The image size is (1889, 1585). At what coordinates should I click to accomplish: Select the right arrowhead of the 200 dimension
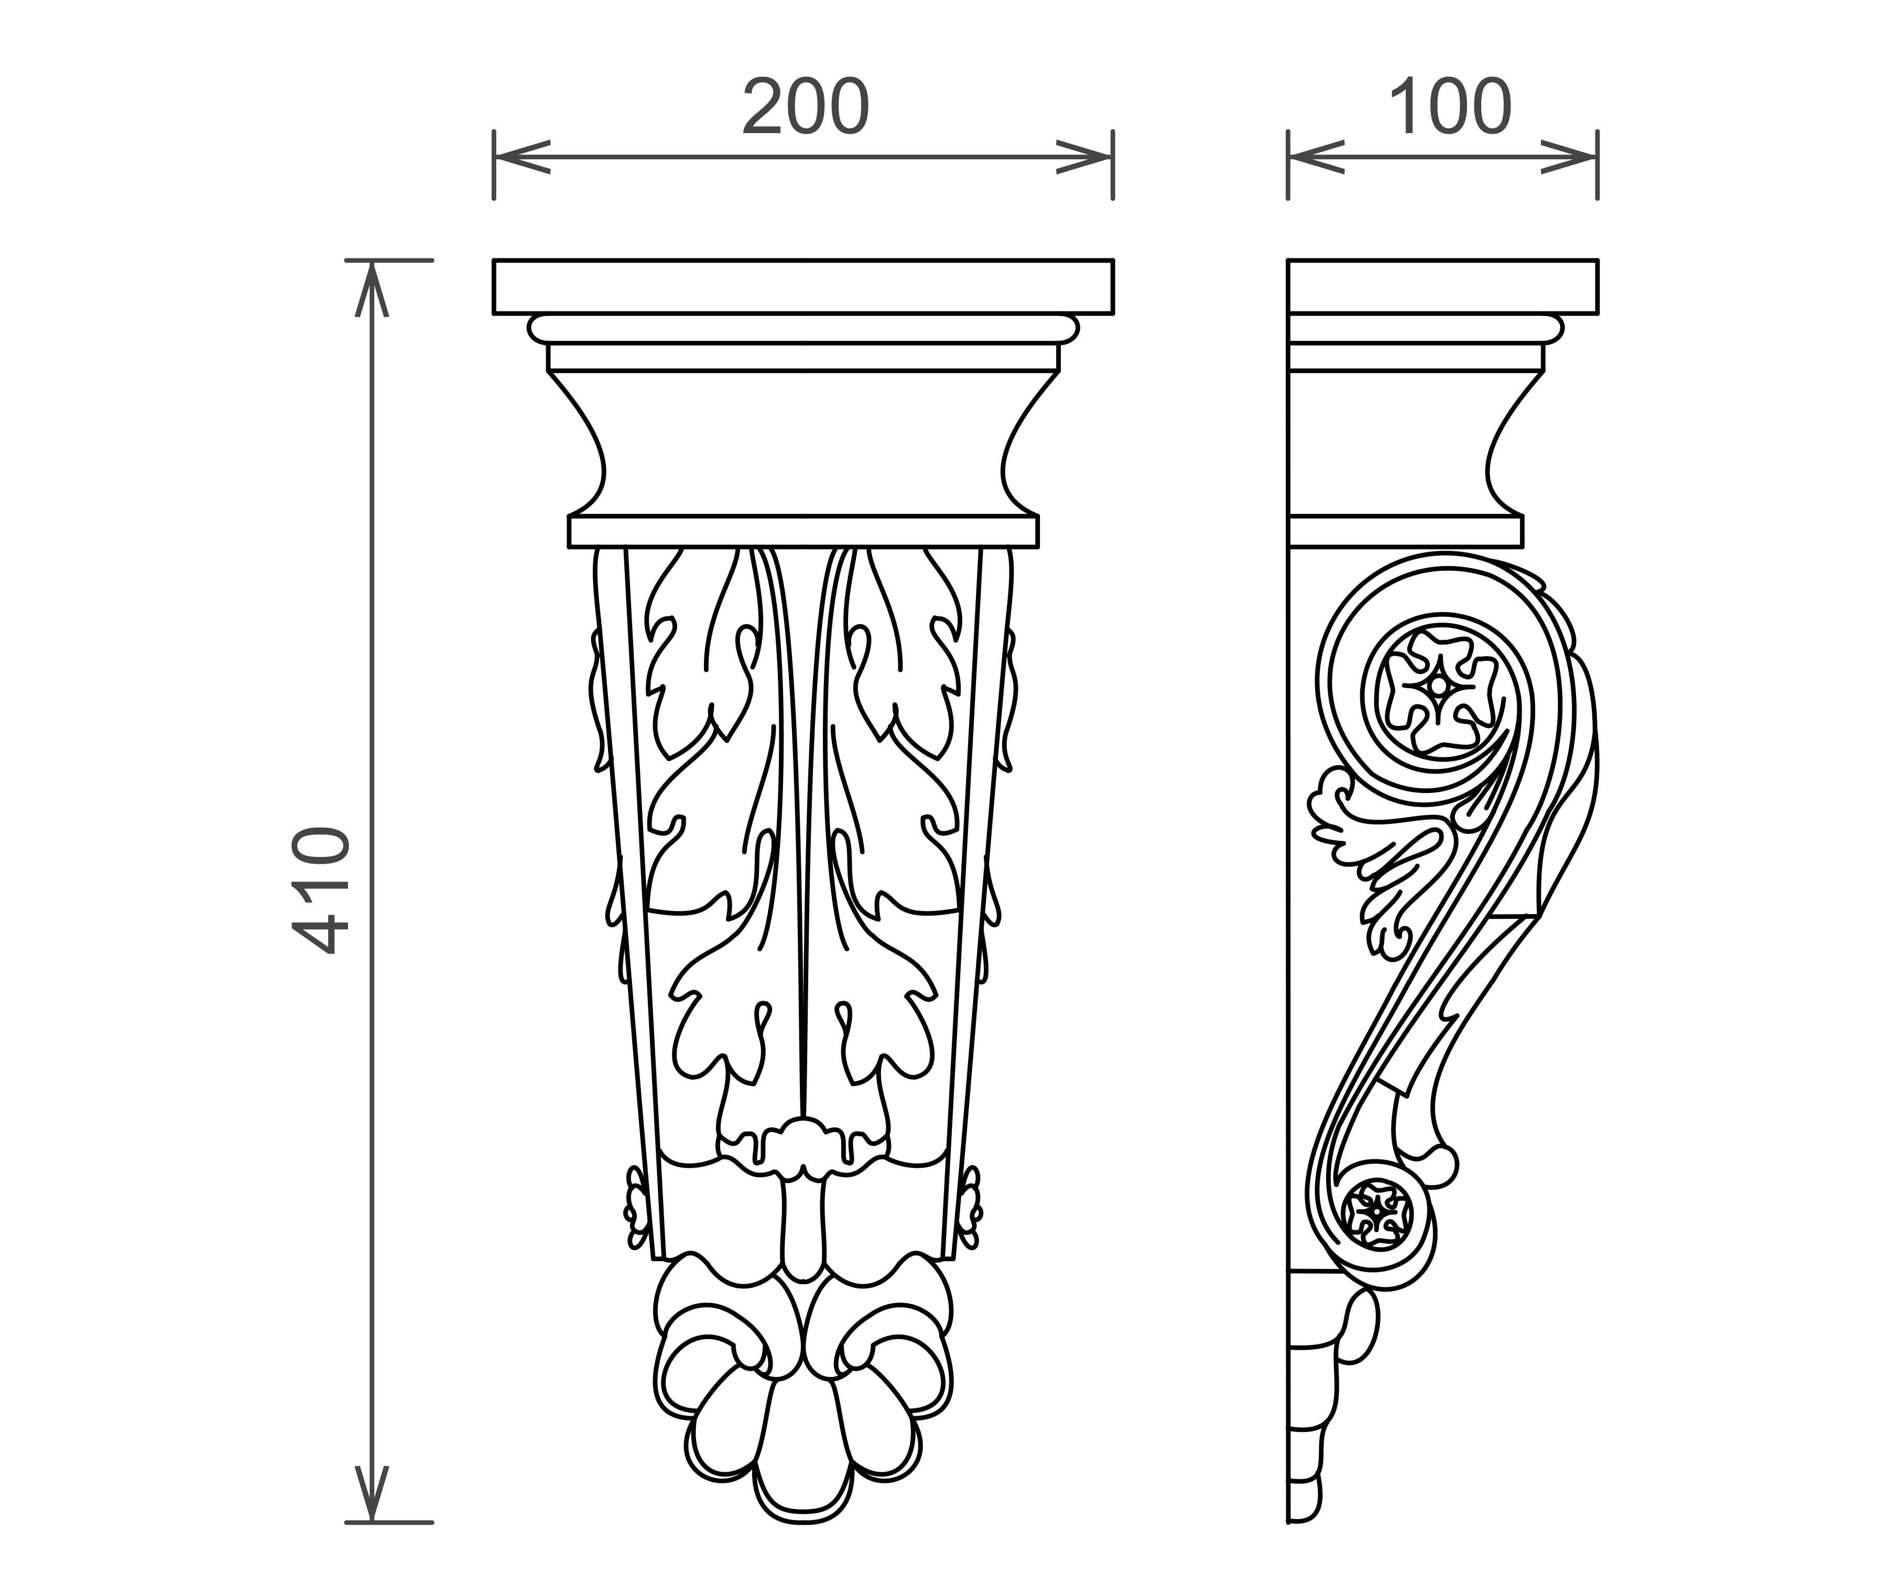(x=1085, y=157)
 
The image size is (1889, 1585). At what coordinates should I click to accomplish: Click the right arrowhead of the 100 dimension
(x=1570, y=157)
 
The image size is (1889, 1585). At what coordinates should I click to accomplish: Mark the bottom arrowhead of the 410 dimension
(x=372, y=1494)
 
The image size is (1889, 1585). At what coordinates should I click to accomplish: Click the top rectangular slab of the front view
(x=804, y=287)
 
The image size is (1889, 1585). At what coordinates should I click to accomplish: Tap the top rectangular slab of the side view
(x=1443, y=287)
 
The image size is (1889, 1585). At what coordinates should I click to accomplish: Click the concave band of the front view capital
(x=804, y=442)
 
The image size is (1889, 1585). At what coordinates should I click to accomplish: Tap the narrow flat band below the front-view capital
(x=804, y=531)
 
